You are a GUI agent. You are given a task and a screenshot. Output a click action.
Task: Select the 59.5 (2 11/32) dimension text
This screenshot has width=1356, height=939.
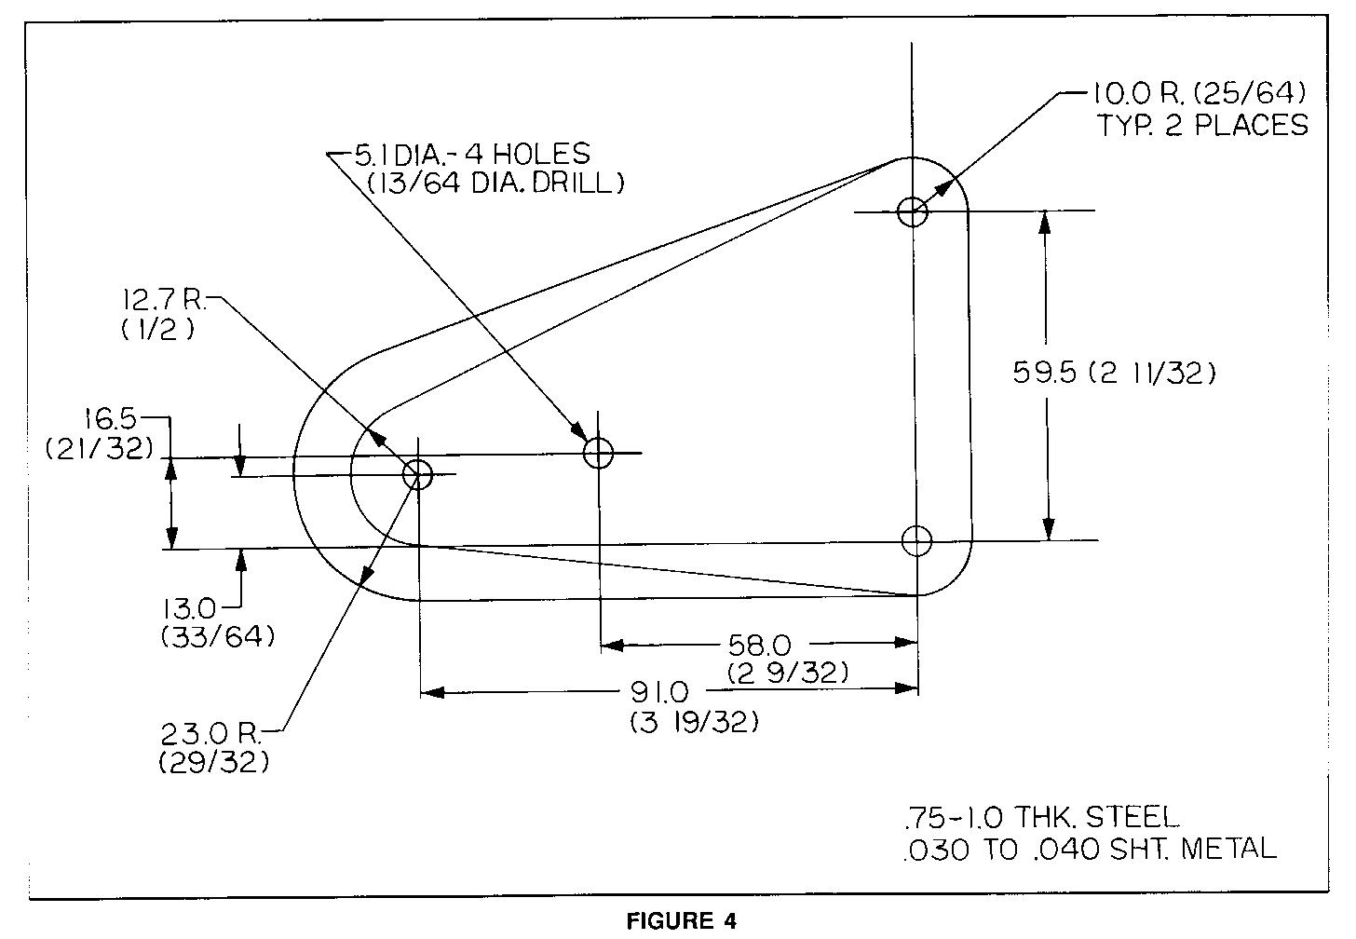click(x=1114, y=374)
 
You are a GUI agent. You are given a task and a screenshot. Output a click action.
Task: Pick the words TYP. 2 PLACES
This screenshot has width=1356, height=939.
click(x=1201, y=125)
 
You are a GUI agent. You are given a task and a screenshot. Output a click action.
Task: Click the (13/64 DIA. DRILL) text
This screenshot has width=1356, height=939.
click(x=495, y=184)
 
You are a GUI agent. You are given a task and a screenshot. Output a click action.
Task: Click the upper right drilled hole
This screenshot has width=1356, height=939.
click(x=913, y=211)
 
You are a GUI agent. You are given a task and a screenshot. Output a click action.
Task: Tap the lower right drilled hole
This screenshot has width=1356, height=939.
click(x=917, y=539)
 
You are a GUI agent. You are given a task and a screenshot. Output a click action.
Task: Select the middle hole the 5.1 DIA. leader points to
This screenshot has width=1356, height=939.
click(x=599, y=453)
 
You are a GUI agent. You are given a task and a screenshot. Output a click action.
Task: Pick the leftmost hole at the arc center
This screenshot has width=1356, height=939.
click(x=417, y=474)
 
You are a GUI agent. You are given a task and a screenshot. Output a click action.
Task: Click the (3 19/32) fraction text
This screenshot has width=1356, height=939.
click(x=694, y=722)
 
